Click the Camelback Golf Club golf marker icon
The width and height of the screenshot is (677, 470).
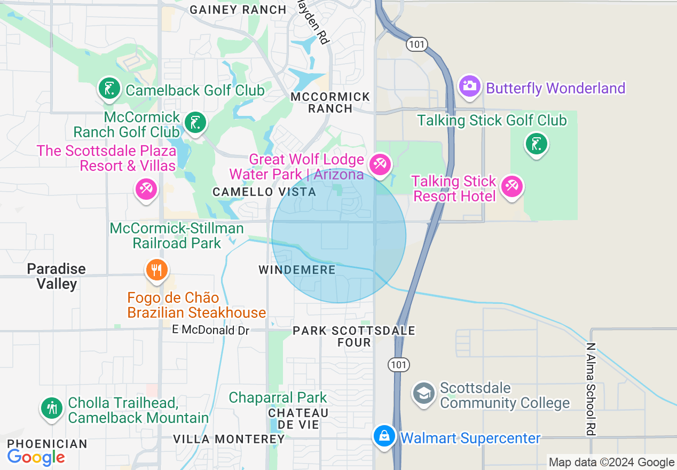tap(109, 88)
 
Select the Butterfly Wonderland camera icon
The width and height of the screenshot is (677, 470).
tap(470, 86)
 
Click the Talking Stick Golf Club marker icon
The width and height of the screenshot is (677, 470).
tap(537, 144)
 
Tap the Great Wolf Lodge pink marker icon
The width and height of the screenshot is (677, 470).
tap(380, 163)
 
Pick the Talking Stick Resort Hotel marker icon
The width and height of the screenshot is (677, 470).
tap(511, 186)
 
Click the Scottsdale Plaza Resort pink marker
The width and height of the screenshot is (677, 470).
tap(146, 189)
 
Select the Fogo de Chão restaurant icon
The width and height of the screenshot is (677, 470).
tap(156, 270)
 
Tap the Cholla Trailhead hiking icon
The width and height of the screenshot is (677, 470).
tap(52, 409)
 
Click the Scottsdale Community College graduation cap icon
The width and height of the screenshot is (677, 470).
tap(424, 394)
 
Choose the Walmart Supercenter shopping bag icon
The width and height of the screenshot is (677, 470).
tap(384, 436)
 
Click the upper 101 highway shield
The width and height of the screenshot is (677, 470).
tap(416, 44)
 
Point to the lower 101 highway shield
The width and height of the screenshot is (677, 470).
tap(399, 365)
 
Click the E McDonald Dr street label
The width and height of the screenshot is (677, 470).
tap(210, 330)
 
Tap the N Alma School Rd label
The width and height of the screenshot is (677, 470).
tap(591, 389)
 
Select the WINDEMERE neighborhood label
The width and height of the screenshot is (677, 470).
tap(297, 270)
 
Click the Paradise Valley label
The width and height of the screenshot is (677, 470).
tap(57, 276)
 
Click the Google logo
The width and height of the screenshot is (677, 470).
tap(36, 457)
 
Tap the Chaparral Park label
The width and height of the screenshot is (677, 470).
tap(278, 398)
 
